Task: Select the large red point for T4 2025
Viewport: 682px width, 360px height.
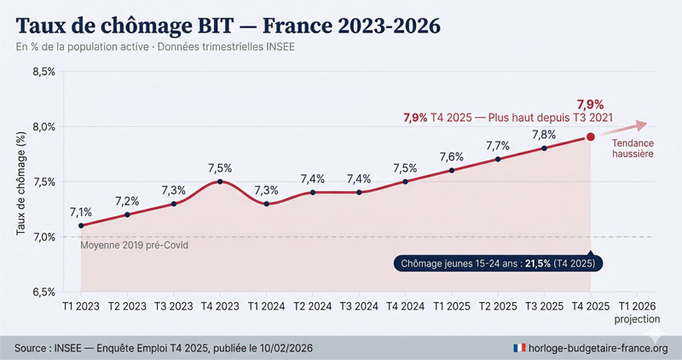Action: tap(590, 136)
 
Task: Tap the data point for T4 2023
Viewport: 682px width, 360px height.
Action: tap(220, 181)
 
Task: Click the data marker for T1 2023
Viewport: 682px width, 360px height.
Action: tap(81, 225)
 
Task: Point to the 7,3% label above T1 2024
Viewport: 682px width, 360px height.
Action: tap(266, 189)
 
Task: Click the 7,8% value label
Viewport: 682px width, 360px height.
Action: tap(544, 134)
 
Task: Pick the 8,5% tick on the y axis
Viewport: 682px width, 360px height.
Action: tap(43, 72)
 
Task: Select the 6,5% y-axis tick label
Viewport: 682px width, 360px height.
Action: tap(43, 292)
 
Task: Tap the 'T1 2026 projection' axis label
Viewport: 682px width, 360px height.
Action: tap(637, 312)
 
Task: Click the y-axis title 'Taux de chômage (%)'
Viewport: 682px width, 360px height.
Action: tap(20, 182)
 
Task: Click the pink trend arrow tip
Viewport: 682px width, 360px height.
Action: tap(644, 121)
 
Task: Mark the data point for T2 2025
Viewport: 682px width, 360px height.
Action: tap(497, 159)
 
